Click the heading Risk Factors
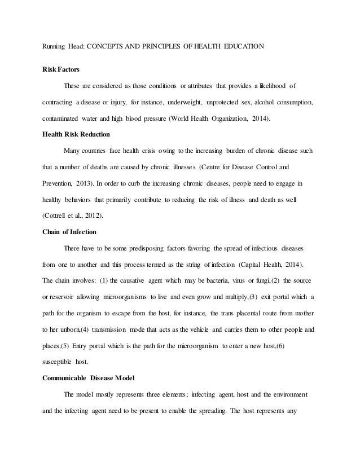click(x=62, y=69)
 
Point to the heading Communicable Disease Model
click(x=91, y=362)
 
